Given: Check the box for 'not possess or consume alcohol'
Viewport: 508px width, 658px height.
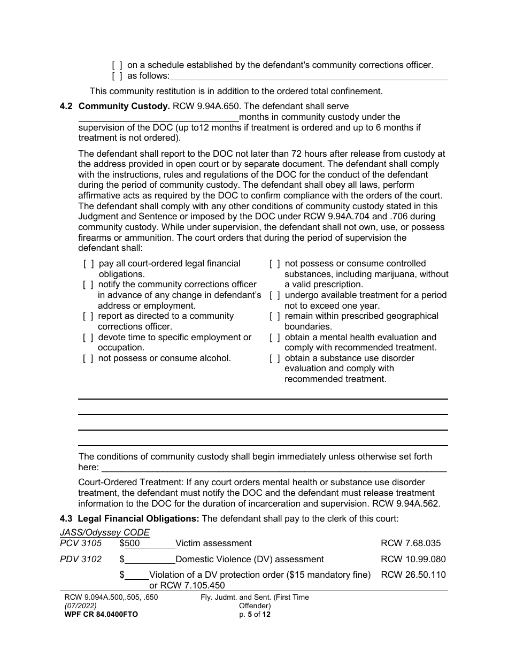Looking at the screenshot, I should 88,358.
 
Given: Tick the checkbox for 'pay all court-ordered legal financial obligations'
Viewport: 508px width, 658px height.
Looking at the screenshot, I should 88,264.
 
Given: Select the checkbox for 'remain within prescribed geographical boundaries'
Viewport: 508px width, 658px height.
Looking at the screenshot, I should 275,316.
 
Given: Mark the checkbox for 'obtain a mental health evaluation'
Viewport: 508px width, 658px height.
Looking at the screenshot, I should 275,338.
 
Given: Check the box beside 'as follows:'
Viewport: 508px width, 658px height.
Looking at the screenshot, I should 117,76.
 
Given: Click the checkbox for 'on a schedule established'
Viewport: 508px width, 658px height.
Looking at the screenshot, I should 117,65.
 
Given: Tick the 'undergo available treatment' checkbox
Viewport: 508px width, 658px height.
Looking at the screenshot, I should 275,295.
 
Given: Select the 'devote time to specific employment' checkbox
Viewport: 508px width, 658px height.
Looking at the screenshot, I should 88,338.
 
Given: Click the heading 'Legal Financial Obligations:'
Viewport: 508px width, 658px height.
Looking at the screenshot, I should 138,518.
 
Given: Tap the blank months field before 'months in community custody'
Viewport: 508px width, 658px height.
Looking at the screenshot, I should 158,117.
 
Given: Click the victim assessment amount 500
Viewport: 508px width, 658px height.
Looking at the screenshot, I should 132,544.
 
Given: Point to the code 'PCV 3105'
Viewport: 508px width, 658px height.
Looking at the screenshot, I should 81,544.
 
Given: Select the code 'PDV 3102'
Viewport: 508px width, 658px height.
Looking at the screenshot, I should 81,560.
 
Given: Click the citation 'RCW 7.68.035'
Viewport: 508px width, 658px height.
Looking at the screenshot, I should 411,544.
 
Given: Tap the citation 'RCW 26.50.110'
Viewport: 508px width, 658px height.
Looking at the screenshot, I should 413,575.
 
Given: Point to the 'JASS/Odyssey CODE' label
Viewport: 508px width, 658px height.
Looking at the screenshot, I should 105,532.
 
